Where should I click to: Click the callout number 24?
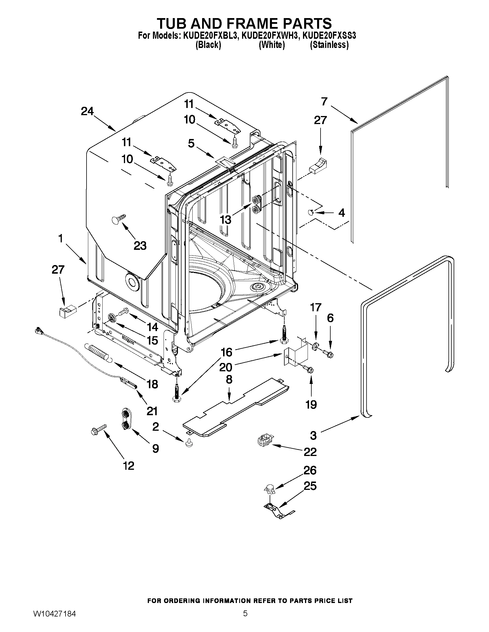point(87,111)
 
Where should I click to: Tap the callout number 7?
point(324,102)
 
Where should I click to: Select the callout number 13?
point(225,220)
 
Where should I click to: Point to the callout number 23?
point(140,246)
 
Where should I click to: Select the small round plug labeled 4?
point(311,213)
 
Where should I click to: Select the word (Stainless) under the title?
point(329,45)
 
